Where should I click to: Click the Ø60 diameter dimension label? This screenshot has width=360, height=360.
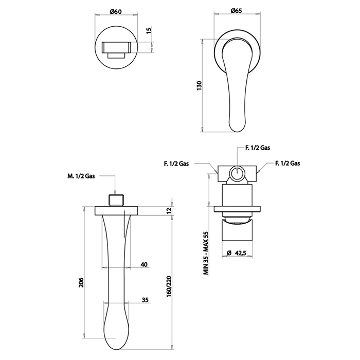click(116, 11)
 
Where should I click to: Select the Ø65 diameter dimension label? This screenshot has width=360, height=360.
click(236, 11)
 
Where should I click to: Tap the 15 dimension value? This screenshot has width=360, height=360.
click(149, 30)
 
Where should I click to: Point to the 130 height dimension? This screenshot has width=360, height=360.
click(199, 86)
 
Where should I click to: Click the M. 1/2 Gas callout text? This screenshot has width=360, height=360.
click(81, 176)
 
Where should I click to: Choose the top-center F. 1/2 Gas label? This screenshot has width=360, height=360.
click(258, 148)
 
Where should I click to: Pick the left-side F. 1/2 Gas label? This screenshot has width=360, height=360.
click(176, 164)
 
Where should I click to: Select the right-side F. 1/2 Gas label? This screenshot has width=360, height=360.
click(287, 163)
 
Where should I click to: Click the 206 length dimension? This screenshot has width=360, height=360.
click(81, 282)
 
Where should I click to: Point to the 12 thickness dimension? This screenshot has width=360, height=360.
click(169, 210)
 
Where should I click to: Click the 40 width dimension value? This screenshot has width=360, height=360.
click(144, 264)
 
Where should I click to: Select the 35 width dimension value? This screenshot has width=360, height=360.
click(145, 300)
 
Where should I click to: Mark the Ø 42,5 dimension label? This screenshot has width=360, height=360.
click(237, 253)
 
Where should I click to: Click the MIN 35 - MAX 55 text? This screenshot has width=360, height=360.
click(206, 253)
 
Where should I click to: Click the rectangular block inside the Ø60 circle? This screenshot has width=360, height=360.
click(116, 47)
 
